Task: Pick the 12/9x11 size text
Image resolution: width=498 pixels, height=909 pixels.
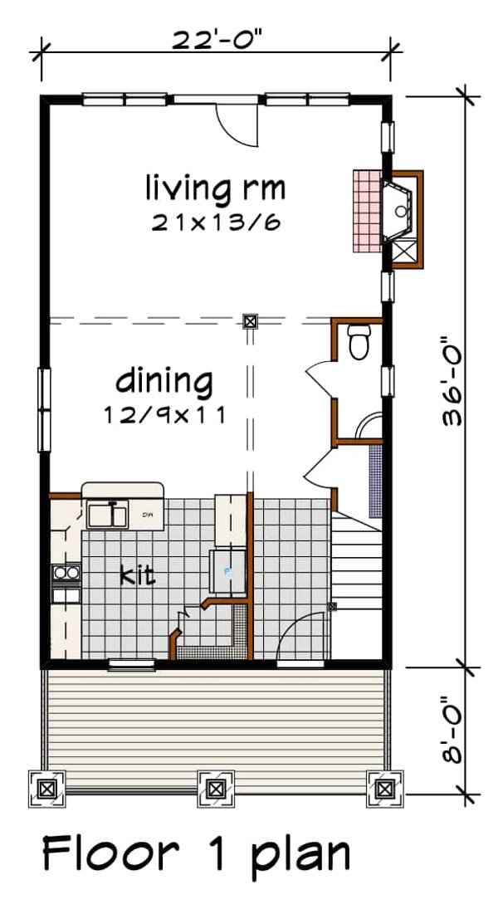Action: [x=165, y=414]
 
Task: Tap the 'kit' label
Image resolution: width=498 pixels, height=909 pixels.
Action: [x=136, y=574]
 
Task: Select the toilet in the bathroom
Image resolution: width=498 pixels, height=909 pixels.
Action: [x=359, y=342]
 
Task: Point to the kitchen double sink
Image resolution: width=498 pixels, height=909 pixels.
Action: [x=107, y=515]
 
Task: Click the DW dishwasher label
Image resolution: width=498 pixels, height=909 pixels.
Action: [x=149, y=515]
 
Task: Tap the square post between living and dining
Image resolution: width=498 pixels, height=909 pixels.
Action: [x=249, y=320]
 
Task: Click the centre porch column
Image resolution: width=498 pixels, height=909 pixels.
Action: [x=215, y=787]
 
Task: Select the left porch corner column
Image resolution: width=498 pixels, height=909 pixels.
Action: [x=46, y=787]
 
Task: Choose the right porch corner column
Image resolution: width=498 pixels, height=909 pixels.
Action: [x=384, y=787]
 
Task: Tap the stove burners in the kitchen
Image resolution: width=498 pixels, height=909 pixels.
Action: [x=65, y=572]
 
